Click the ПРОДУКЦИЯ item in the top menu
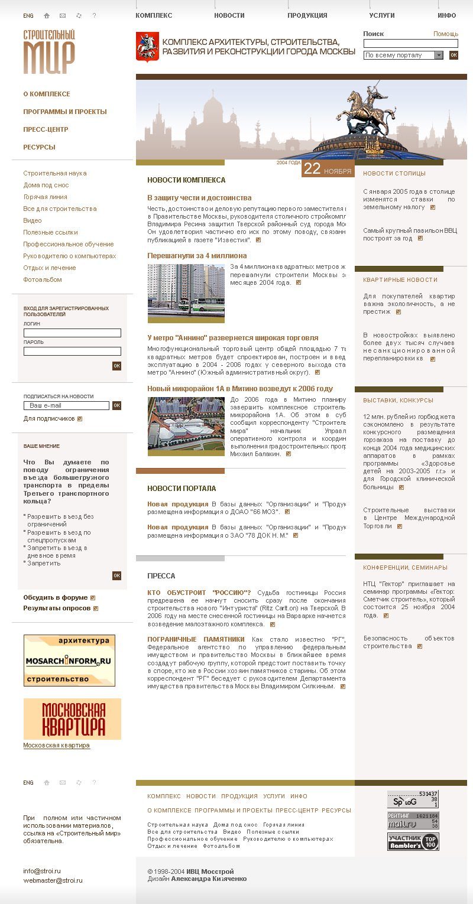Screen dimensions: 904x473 [307, 15]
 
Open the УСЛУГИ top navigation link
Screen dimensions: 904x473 [382, 15]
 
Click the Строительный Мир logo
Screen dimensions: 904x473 [49, 52]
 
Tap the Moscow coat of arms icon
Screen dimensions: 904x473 [144, 47]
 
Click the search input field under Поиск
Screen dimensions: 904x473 [410, 43]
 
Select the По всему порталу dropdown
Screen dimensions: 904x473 [403, 55]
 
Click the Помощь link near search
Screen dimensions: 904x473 [445, 34]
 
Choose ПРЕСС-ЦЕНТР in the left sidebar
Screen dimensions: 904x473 [46, 129]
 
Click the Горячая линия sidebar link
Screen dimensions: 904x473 [45, 197]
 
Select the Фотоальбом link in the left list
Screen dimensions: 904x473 [43, 279]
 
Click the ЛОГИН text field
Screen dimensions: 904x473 [72, 333]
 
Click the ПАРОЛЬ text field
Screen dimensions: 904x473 [72, 351]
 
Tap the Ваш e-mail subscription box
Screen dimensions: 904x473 [66, 405]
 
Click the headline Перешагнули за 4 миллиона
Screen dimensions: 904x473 [197, 256]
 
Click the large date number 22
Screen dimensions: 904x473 [312, 169]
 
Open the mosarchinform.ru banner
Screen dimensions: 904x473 [69, 661]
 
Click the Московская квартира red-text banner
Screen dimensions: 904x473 [72, 719]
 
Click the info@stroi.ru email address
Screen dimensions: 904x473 [42, 871]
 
